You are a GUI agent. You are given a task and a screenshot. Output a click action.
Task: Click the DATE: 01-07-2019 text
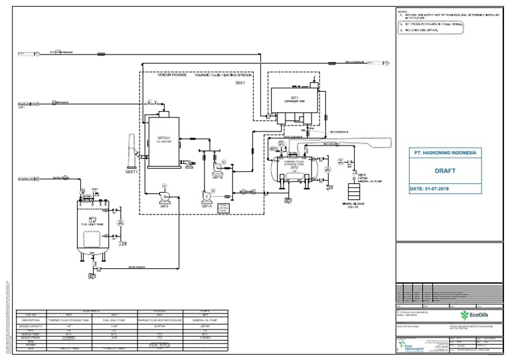[436, 189]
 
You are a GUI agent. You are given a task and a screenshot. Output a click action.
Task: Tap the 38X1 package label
[240, 84]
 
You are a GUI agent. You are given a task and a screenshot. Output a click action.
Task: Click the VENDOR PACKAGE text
[172, 76]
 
